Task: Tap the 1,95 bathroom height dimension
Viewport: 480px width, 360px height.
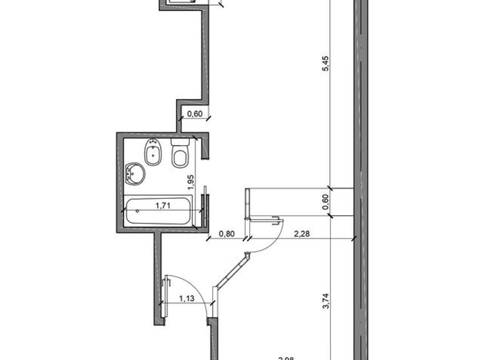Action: (x=193, y=183)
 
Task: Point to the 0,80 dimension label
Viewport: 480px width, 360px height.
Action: (x=227, y=233)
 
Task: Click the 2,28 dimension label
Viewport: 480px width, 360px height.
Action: (x=302, y=233)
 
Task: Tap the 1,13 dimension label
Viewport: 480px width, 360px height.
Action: (x=186, y=298)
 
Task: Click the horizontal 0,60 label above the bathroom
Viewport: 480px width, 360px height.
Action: (x=195, y=113)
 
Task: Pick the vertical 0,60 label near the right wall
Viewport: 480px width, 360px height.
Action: (x=326, y=202)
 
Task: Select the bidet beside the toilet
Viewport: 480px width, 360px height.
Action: (x=153, y=153)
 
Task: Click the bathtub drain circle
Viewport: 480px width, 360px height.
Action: (x=137, y=211)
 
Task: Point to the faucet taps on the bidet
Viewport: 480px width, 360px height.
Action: (x=152, y=143)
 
